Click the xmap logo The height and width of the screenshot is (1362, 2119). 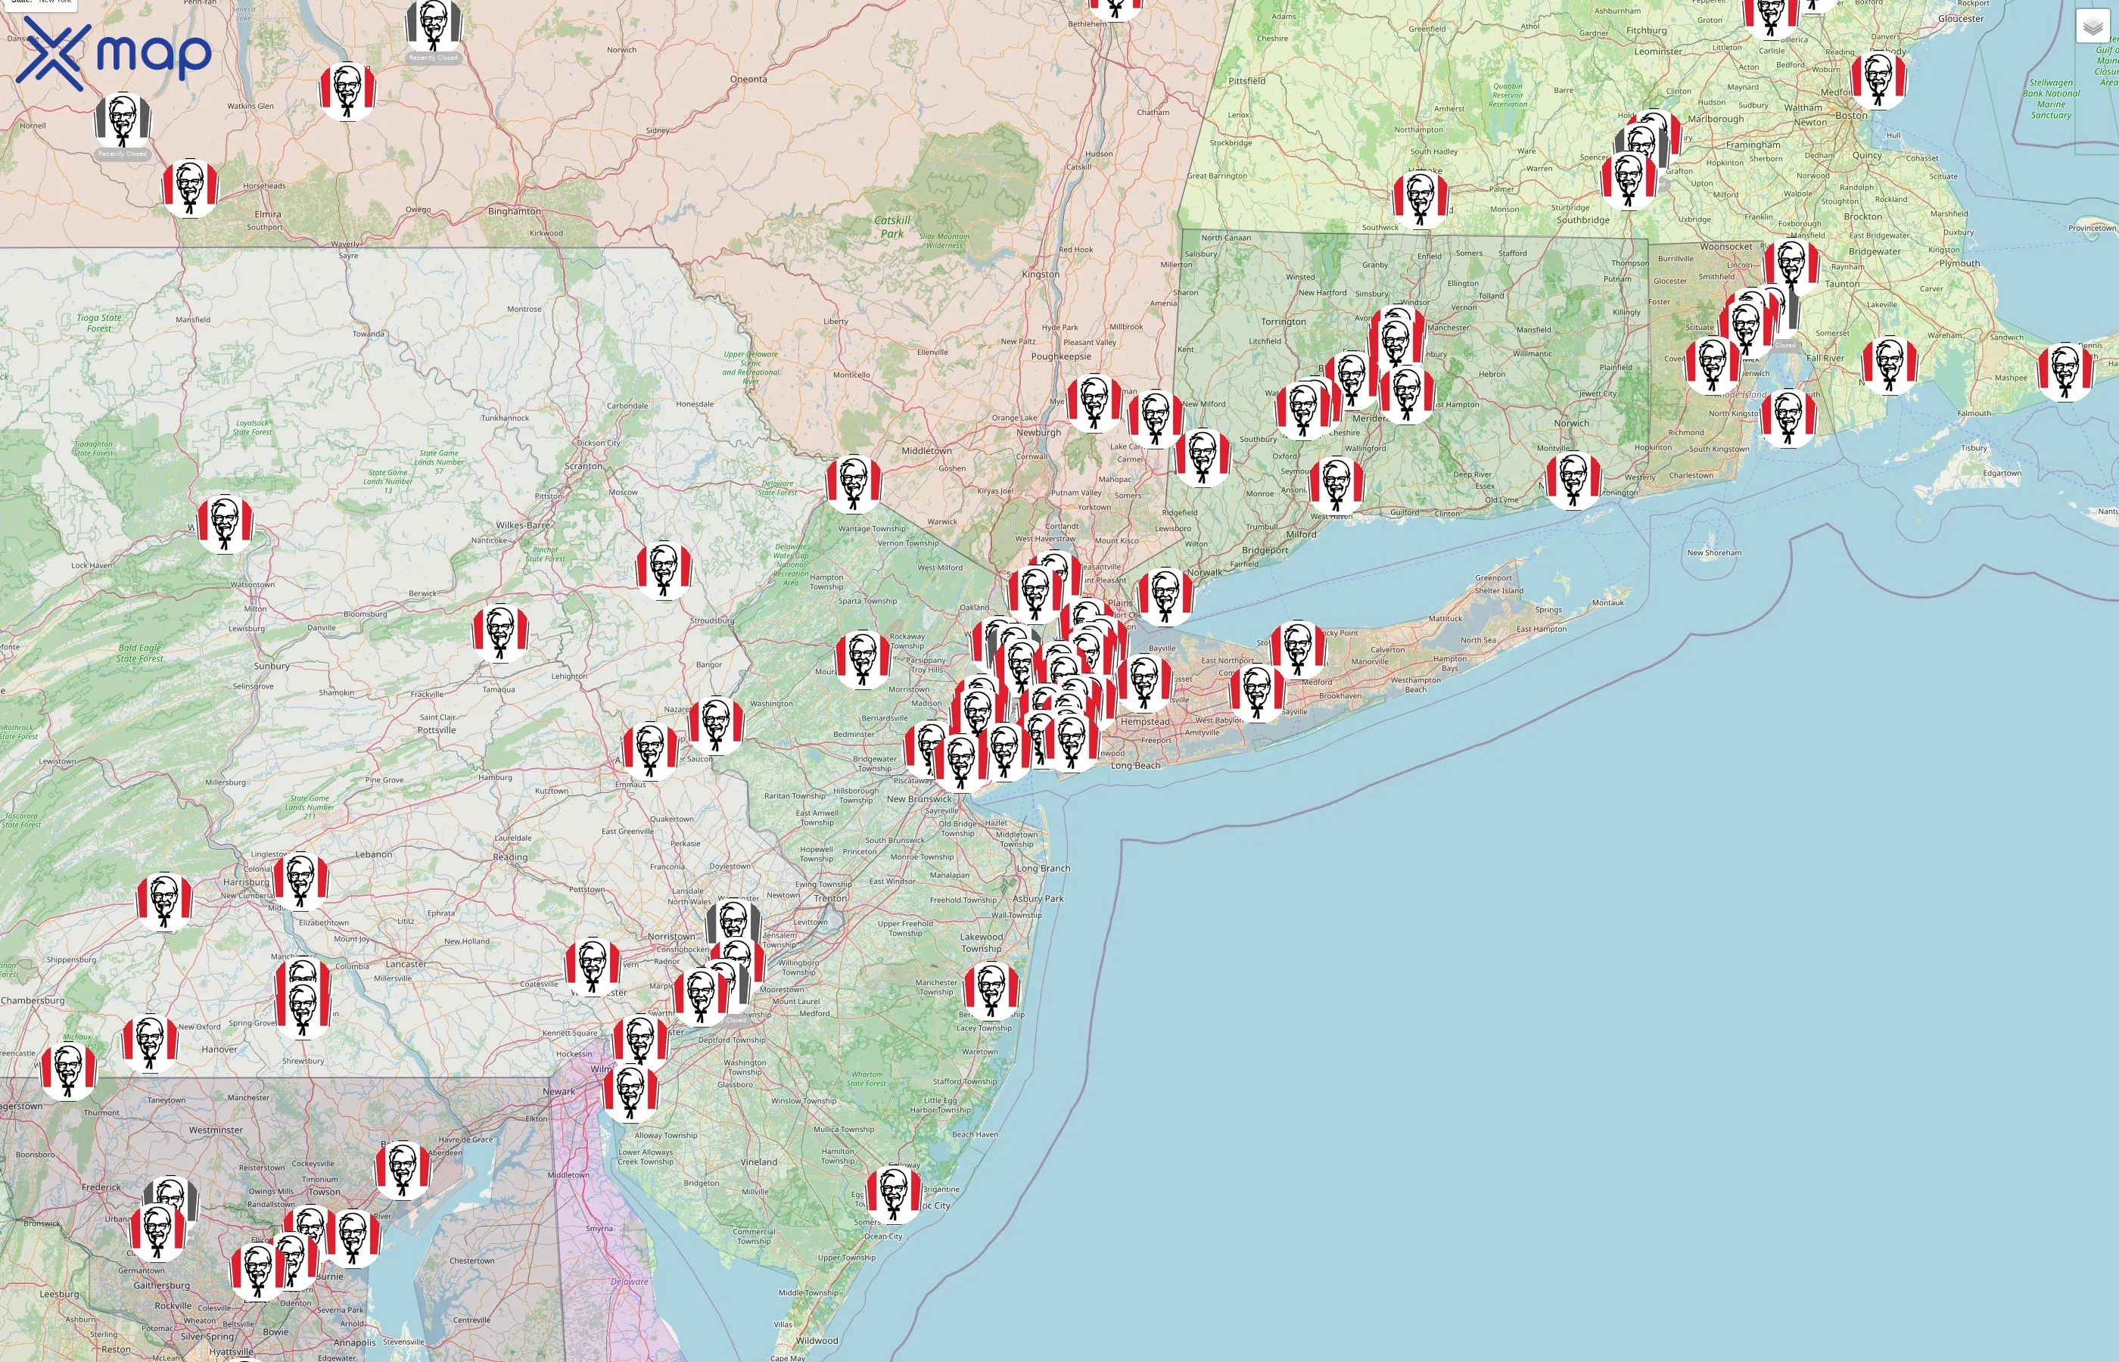(114, 53)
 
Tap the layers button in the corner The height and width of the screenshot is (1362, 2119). (2093, 27)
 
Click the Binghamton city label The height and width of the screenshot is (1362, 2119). (514, 211)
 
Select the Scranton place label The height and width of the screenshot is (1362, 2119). (583, 466)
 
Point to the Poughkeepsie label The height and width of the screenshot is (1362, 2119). (1060, 356)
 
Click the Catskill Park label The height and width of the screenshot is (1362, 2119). (891, 227)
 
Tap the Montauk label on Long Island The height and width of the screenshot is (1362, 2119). (1608, 603)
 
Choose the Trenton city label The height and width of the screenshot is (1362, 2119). (830, 899)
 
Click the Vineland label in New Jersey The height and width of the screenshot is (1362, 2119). (759, 1162)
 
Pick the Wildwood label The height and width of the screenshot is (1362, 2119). (817, 1340)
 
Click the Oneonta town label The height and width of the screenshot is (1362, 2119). (748, 79)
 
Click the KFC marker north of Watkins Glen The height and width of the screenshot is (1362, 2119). (347, 89)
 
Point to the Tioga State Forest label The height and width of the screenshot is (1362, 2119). (99, 323)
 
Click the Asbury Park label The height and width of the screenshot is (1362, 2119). (1038, 899)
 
